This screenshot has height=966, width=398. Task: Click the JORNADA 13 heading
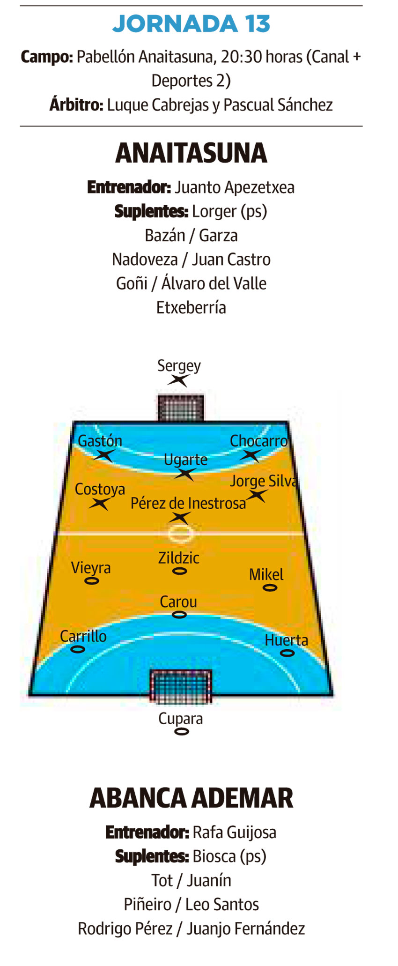(x=192, y=23)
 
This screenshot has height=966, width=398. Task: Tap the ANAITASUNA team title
(x=191, y=153)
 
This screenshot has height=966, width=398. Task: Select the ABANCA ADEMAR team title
(x=191, y=798)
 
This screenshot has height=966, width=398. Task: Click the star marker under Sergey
(x=178, y=380)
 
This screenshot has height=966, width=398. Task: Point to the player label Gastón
(x=100, y=441)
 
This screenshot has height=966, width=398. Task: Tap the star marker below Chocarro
(x=250, y=455)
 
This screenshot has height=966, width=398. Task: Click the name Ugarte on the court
(x=185, y=460)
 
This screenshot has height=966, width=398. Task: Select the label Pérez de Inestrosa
(x=188, y=503)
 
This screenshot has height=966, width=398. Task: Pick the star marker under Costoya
(x=100, y=504)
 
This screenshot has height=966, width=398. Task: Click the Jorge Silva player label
(x=263, y=481)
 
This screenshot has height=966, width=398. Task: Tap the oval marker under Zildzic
(x=180, y=571)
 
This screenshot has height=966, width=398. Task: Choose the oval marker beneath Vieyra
(x=92, y=581)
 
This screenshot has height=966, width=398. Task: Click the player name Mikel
(x=266, y=574)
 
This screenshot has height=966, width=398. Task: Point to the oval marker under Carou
(x=179, y=615)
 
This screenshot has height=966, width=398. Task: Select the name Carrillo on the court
(x=83, y=636)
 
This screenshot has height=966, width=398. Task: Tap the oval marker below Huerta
(x=287, y=653)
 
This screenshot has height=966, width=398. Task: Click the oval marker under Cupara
(x=181, y=731)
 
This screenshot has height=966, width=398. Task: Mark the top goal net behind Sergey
(x=180, y=408)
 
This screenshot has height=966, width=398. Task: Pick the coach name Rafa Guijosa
(x=234, y=832)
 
